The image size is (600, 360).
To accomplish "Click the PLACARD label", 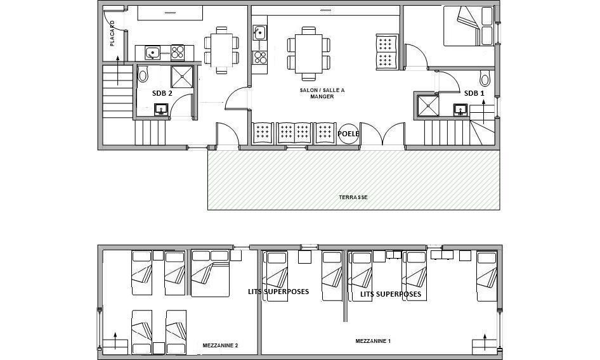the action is (x=112, y=34).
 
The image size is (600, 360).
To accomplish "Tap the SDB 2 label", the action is (x=162, y=93).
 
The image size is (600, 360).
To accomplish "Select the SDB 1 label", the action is (x=474, y=93).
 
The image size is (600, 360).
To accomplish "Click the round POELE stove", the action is (x=349, y=134).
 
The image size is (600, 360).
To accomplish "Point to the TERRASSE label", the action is (x=353, y=197).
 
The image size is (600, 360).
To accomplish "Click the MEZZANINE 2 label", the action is (x=221, y=345).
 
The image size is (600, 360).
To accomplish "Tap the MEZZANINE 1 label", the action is (x=373, y=341).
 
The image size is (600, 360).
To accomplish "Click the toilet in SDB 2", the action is (x=143, y=74).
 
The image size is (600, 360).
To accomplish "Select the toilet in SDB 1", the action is (x=485, y=79).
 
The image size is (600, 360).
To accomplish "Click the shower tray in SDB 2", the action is (x=182, y=77).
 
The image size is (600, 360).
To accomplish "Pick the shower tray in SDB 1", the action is (x=428, y=106).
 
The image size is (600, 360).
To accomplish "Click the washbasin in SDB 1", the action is (x=460, y=110).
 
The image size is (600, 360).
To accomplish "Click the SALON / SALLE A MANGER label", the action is (x=322, y=93).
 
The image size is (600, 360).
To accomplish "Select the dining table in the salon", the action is (x=309, y=54).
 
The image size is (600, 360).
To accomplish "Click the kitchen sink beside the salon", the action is (x=260, y=32).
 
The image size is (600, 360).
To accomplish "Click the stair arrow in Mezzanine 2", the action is (x=115, y=340).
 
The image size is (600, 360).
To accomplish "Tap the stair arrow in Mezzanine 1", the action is (x=485, y=342).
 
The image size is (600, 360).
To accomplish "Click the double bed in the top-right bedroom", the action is (x=468, y=26).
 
